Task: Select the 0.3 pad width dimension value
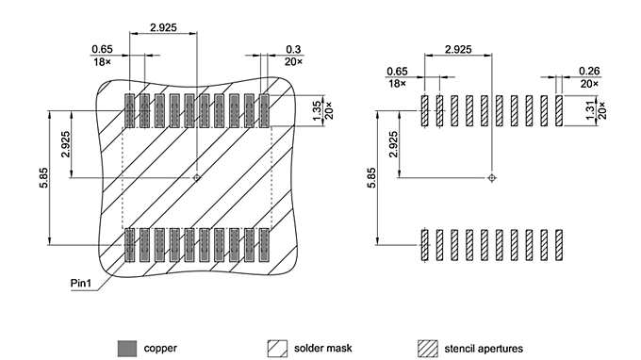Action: tap(294, 48)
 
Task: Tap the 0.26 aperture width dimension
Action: tap(589, 70)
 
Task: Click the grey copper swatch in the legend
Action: tap(126, 348)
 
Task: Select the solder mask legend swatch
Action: tap(278, 348)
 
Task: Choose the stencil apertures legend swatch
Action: tap(428, 348)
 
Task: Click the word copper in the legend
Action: tap(160, 348)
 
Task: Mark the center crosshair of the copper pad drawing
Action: tap(196, 177)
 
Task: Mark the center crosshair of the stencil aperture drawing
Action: tap(491, 176)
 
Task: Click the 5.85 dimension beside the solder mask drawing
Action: tap(43, 177)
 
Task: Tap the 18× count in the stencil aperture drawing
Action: tap(397, 83)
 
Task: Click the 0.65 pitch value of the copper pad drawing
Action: tap(102, 48)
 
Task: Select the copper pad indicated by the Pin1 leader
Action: tap(130, 243)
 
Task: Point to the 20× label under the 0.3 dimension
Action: tap(294, 61)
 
